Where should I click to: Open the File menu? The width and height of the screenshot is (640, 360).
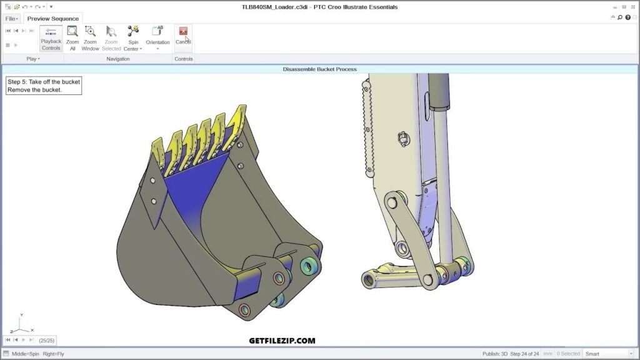tap(11, 19)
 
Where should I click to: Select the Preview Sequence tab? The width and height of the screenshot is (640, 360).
tap(52, 19)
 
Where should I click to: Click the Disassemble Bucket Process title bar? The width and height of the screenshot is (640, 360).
tap(319, 69)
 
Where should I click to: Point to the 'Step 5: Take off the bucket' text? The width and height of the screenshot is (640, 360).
tap(44, 82)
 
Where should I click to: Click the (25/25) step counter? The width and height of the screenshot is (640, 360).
tap(46, 340)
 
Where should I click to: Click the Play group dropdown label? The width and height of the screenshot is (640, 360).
tap(32, 59)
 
